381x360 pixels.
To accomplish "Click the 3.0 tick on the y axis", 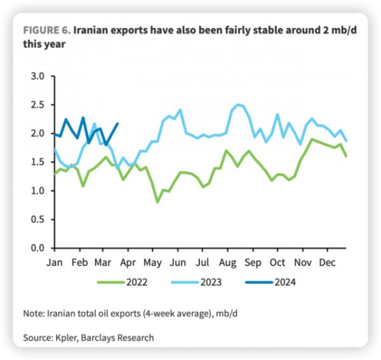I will (38, 76).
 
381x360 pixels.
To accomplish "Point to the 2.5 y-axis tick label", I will (38, 105).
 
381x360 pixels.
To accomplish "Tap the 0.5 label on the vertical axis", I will (38, 220).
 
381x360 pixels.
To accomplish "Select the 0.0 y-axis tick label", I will (38, 248).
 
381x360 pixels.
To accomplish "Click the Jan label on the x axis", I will (56, 262).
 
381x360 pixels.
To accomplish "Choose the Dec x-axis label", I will (327, 262).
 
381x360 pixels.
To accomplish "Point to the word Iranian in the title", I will (95, 30).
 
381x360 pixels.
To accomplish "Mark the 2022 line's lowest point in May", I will (157, 202).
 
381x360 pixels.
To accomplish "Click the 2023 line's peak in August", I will (237, 104).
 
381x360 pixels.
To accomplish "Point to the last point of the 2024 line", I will (118, 124).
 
